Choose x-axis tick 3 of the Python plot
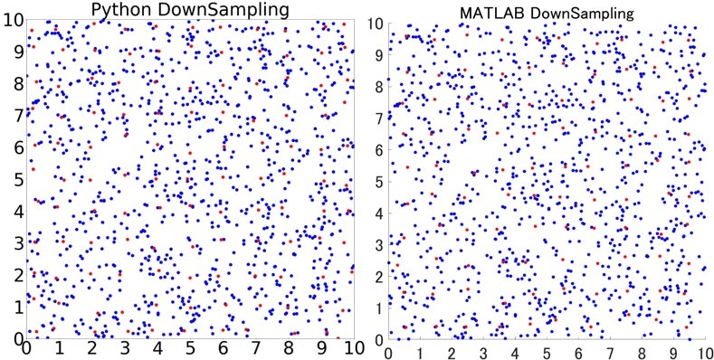pos(125,348)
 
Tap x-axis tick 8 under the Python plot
pos(289,348)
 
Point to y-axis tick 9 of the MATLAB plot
pos(380,55)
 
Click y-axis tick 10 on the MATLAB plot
pos(376,24)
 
